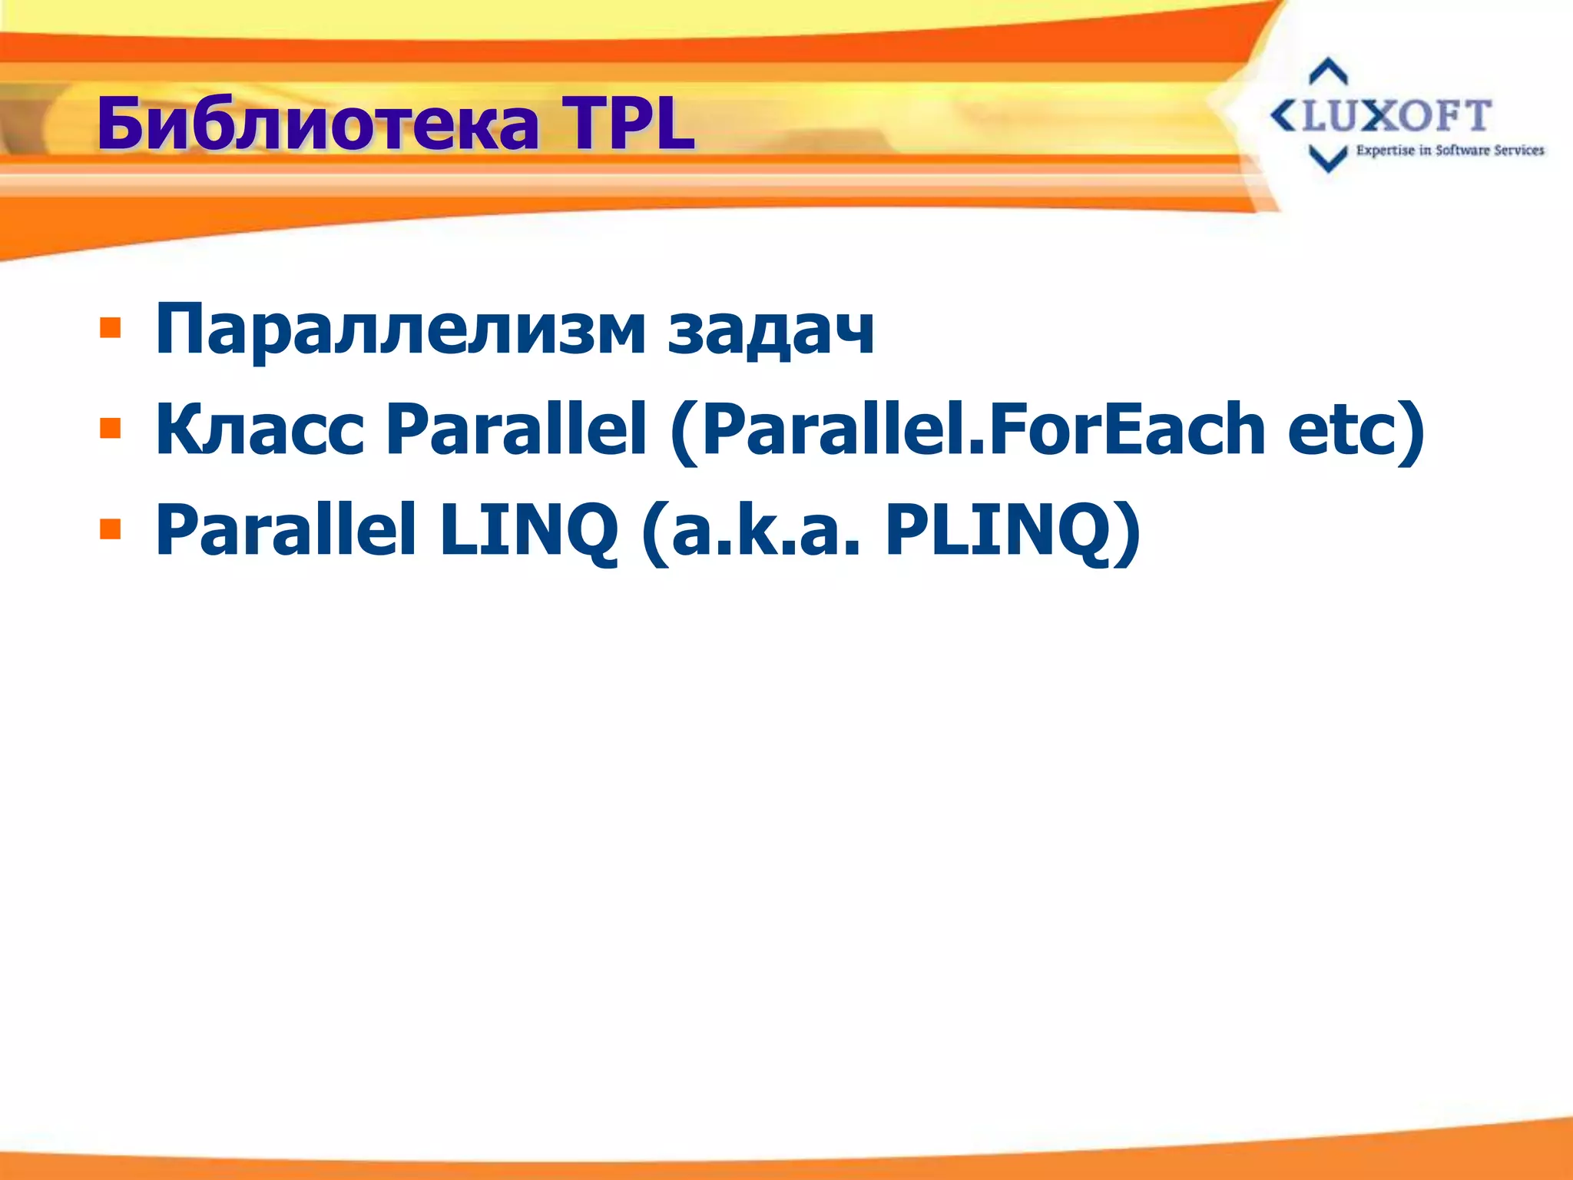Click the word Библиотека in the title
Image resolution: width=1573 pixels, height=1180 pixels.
(318, 125)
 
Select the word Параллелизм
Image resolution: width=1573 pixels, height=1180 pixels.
(400, 330)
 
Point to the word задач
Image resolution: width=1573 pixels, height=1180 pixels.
(771, 330)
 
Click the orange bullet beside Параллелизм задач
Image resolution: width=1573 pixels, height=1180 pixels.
(111, 328)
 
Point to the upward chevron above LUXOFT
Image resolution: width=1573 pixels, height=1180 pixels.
(1328, 72)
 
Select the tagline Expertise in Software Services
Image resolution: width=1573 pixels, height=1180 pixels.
(1449, 151)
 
